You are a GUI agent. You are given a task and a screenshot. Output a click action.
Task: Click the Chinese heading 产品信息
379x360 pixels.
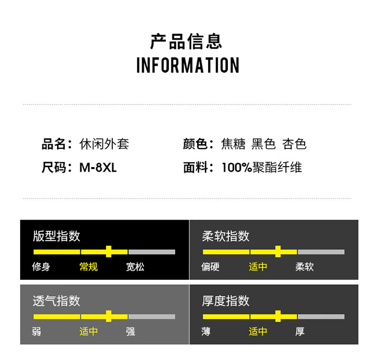[x=186, y=41]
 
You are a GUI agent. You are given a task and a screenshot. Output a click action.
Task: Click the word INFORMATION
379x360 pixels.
[x=188, y=66]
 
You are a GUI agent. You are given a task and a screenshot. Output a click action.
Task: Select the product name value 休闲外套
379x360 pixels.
[x=104, y=144]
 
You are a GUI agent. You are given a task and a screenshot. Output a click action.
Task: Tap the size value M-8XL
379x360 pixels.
[x=98, y=168]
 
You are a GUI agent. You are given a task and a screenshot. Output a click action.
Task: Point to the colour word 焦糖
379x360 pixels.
[x=233, y=144]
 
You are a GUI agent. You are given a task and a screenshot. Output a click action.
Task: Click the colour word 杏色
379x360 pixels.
[x=295, y=144]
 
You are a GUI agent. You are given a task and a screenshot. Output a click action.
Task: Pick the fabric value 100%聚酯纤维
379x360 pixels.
[x=262, y=168]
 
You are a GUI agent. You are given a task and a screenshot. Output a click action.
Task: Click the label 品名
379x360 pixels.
[x=53, y=144]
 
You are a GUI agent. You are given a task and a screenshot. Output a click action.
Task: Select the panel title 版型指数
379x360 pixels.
[x=57, y=236]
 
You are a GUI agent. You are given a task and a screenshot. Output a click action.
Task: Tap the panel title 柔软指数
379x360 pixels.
[x=226, y=236]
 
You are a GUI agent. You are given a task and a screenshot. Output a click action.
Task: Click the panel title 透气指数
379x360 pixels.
[x=57, y=301]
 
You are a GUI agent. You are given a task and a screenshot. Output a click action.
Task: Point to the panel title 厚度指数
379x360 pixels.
[x=226, y=301]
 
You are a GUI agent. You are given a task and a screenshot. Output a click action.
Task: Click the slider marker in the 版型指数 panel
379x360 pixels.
[x=109, y=251]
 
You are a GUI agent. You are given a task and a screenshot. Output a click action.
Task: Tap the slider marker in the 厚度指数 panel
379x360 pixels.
[x=278, y=317]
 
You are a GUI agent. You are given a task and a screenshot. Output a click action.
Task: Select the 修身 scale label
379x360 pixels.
[x=41, y=267]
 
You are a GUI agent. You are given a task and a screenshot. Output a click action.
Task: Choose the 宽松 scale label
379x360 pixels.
[x=135, y=267]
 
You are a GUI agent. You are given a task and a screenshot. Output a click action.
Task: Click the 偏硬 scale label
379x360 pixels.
[x=210, y=267]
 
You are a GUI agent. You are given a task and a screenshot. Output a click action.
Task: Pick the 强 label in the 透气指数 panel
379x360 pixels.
[x=130, y=332]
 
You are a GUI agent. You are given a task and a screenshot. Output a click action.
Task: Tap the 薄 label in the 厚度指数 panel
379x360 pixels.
[x=206, y=332]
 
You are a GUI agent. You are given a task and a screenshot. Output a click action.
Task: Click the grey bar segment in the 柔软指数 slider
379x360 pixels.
[x=321, y=251]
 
